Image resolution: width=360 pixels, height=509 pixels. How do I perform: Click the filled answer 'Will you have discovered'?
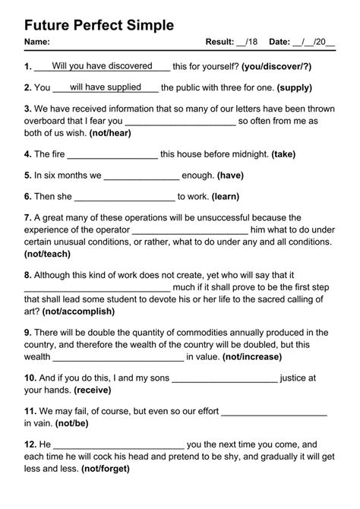[102, 66]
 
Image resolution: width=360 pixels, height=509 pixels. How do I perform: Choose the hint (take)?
[283, 153]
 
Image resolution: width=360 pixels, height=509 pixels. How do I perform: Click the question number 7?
[28, 217]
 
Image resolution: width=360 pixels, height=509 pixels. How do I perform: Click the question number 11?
[30, 411]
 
